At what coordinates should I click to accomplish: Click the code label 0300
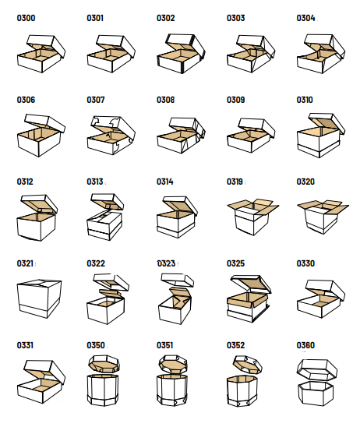26,18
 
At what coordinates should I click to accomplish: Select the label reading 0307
96,100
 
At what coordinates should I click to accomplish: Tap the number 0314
164,182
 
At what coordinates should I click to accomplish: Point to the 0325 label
235,263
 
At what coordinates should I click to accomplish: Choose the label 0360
305,345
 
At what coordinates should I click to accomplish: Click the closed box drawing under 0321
39,298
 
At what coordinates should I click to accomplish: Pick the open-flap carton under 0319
253,217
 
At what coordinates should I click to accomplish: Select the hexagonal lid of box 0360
316,369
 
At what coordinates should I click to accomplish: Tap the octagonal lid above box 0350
104,364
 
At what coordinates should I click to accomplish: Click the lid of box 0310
326,123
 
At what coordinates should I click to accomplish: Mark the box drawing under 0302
181,54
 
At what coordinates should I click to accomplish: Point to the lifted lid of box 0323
178,280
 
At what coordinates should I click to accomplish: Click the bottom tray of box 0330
319,305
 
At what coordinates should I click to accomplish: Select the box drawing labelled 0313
105,217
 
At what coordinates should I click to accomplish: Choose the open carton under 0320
323,217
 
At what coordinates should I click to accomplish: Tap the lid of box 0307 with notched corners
113,128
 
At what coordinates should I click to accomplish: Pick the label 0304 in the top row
305,18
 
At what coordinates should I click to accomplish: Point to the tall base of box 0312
37,227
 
